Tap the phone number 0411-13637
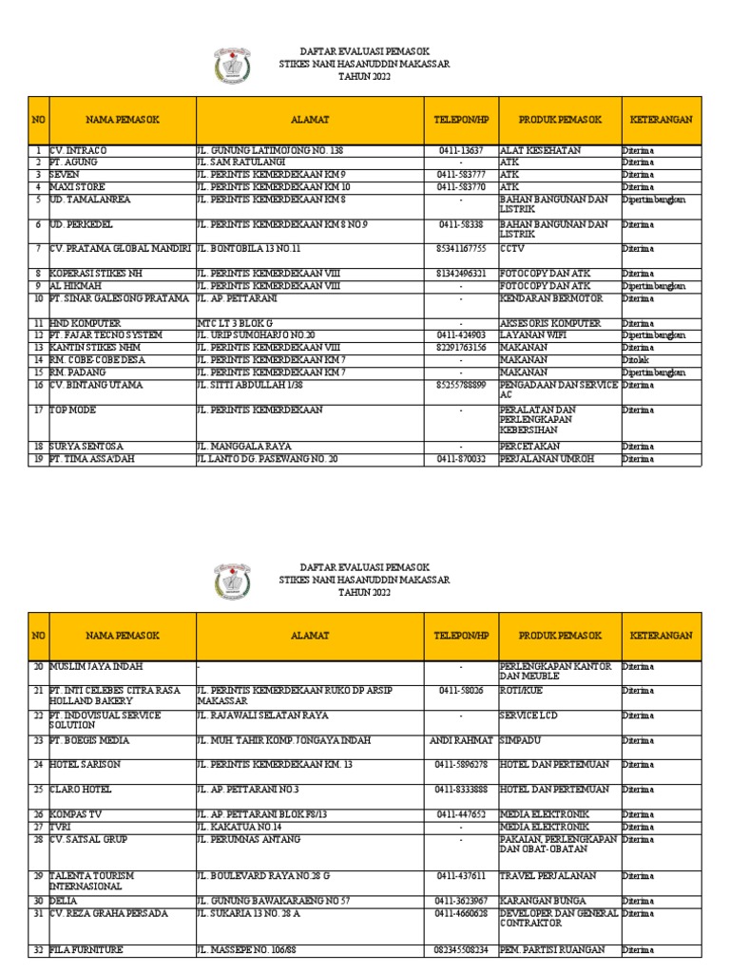click(x=461, y=150)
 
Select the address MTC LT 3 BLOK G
click(x=237, y=323)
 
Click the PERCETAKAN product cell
click(x=529, y=446)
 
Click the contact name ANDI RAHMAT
click(x=461, y=740)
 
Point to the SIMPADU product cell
click(x=522, y=740)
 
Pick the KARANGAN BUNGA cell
click(x=544, y=900)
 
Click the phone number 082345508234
click(x=461, y=949)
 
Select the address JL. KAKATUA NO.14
click(x=242, y=827)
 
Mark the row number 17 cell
click(x=39, y=410)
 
